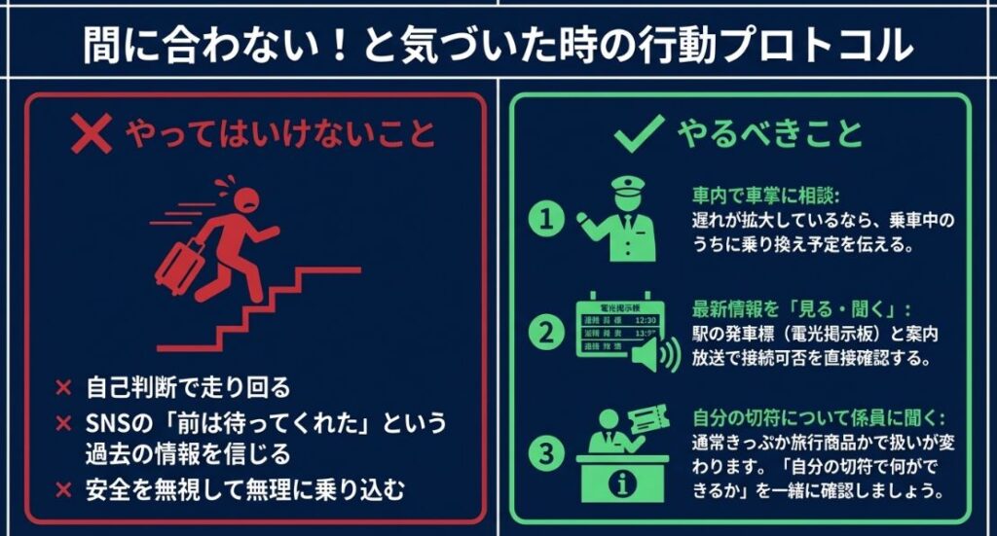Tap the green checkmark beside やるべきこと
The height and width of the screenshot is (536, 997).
pos(639,132)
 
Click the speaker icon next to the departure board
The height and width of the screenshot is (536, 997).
pos(656,356)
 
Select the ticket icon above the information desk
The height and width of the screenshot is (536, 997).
pos(649,420)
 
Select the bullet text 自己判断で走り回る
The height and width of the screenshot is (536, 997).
pos(187,387)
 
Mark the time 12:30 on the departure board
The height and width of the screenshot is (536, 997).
pos(644,320)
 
